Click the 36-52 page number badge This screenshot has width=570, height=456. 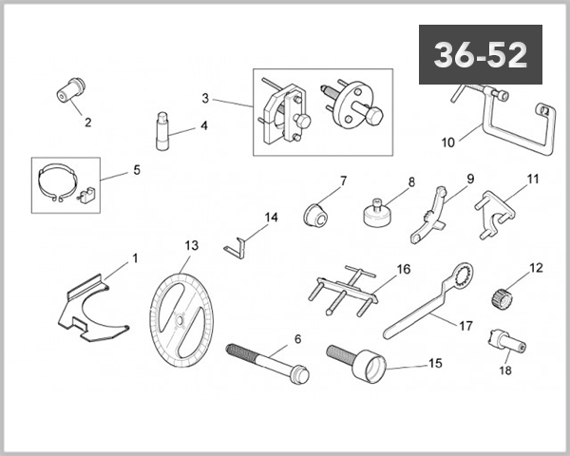coord(480,55)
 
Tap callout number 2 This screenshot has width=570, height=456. coord(88,122)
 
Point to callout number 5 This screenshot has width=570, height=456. coord(136,171)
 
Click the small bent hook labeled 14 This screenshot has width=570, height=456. coord(237,244)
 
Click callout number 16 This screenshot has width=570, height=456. coord(403,270)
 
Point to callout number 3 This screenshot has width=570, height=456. coord(204,98)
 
